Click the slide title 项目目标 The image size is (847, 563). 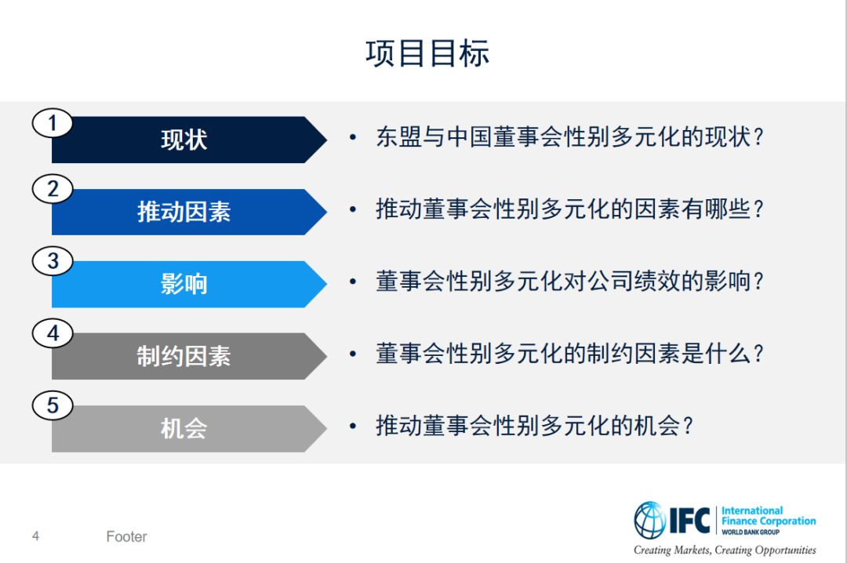click(427, 53)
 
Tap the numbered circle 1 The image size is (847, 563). click(53, 122)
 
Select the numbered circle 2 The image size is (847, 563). click(53, 188)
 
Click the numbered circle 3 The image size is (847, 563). click(53, 261)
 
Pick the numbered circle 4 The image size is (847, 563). click(53, 332)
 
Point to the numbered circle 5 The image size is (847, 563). click(53, 405)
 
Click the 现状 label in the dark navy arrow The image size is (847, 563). click(184, 140)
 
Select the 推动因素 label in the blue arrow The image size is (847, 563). click(184, 212)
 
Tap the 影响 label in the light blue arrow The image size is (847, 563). click(184, 284)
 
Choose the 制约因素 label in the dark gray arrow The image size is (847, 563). click(184, 356)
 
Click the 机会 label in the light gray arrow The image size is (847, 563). click(184, 428)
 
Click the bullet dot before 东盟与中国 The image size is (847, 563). click(353, 137)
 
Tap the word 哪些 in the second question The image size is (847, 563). click(727, 209)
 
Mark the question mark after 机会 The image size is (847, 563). click(688, 426)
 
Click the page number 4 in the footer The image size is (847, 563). click(35, 536)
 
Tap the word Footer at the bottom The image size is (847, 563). click(126, 536)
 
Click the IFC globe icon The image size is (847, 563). click(650, 520)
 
